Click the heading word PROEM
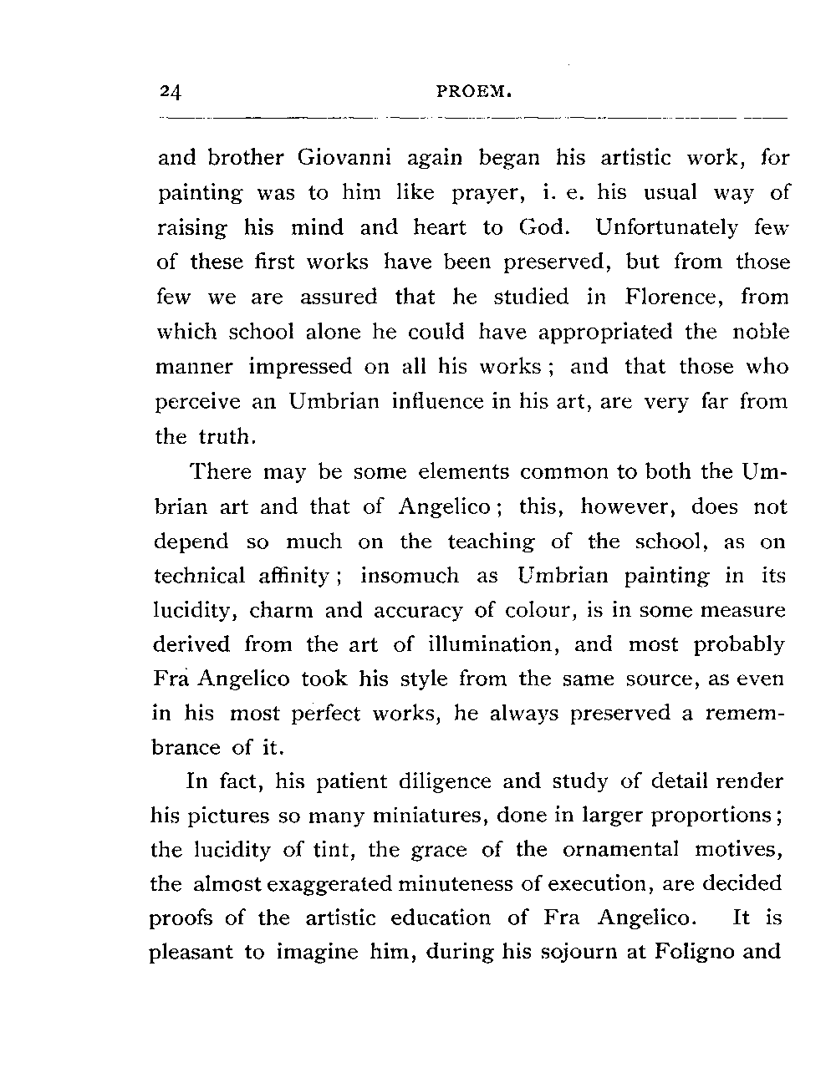point(474,91)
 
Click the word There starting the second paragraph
point(221,472)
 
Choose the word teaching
point(491,542)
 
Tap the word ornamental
point(621,850)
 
